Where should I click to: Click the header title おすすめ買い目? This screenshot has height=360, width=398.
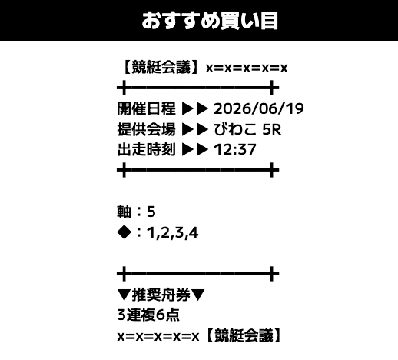click(210, 21)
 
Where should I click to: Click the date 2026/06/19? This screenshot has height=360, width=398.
click(259, 108)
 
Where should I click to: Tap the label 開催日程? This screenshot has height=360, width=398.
click(146, 108)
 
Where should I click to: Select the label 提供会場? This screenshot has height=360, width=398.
click(146, 129)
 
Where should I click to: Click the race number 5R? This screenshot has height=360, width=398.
click(272, 129)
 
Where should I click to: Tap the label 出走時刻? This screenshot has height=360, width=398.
click(146, 149)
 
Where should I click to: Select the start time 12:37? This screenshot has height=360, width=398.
click(235, 150)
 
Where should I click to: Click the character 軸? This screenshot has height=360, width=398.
click(124, 212)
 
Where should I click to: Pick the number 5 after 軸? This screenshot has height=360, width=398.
click(151, 212)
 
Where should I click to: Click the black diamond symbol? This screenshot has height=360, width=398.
click(124, 232)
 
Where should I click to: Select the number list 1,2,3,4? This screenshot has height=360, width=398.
click(172, 233)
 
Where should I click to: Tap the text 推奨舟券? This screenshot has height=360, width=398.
click(161, 295)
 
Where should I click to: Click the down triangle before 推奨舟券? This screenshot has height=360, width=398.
click(124, 295)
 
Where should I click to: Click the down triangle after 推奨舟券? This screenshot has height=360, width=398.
click(197, 295)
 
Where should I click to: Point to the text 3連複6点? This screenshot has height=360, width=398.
click(148, 315)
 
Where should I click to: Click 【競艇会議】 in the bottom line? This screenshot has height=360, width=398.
click(244, 335)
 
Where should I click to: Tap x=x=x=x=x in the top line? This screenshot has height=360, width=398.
click(247, 68)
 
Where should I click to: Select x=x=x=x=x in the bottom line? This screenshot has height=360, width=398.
click(158, 336)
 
